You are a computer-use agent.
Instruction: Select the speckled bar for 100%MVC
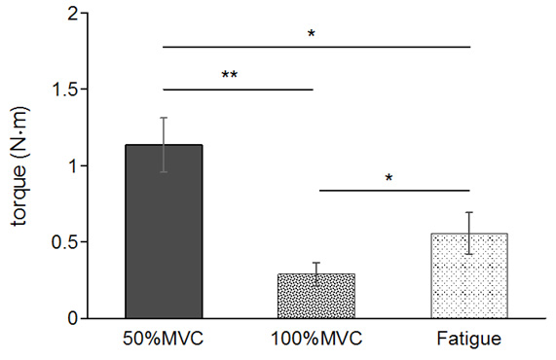pyautogui.click(x=316, y=296)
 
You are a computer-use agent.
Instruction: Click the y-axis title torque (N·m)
pyautogui.click(x=20, y=165)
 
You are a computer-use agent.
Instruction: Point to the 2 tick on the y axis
pyautogui.click(x=71, y=15)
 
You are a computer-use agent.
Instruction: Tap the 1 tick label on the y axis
pyautogui.click(x=71, y=166)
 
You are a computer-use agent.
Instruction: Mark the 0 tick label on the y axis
pyautogui.click(x=71, y=318)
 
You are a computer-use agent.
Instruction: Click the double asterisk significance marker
pyautogui.click(x=230, y=76)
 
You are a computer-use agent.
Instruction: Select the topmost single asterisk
pyautogui.click(x=312, y=34)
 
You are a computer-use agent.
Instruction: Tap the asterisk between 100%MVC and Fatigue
pyautogui.click(x=388, y=178)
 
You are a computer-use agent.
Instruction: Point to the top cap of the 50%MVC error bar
pyautogui.click(x=164, y=118)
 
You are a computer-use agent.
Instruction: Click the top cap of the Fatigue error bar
pyautogui.click(x=469, y=212)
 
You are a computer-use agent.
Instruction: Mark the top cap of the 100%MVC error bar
pyautogui.click(x=316, y=263)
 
